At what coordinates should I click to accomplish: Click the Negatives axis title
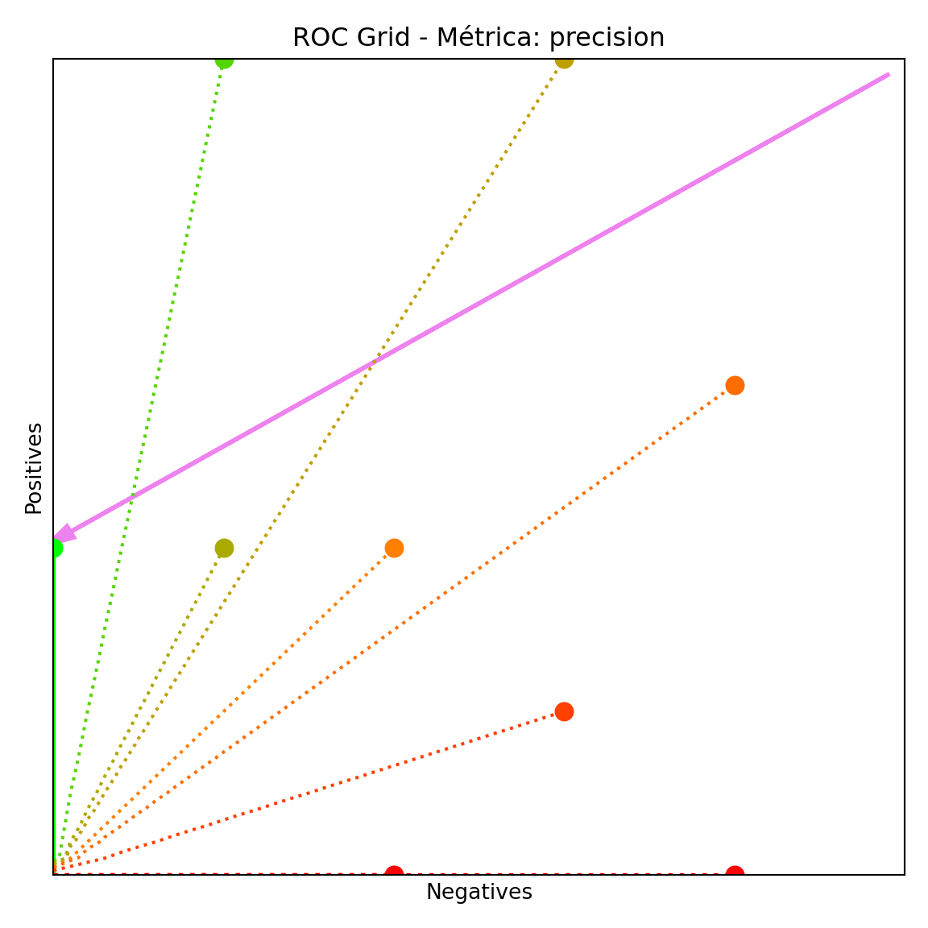pos(478,893)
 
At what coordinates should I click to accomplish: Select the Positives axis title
pos(34,468)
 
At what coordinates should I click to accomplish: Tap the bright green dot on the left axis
pos(54,548)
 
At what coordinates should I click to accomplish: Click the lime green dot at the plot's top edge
pos(224,60)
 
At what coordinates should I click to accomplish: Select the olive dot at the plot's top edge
pos(564,60)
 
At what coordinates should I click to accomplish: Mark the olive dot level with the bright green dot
pos(224,548)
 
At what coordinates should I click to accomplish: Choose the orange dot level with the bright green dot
pos(394,548)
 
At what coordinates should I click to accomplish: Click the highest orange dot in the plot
pos(735,385)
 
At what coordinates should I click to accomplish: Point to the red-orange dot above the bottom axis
pos(564,711)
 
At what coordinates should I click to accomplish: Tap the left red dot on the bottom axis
pos(394,873)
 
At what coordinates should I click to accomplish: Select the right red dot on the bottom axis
pos(735,873)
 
